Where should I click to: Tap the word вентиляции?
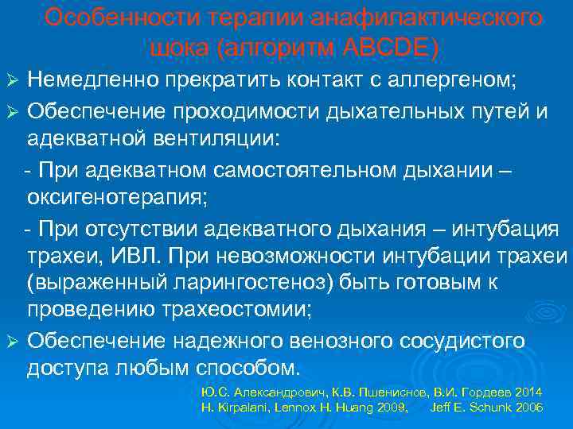click(x=210, y=139)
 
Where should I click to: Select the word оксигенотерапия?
click(x=115, y=199)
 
